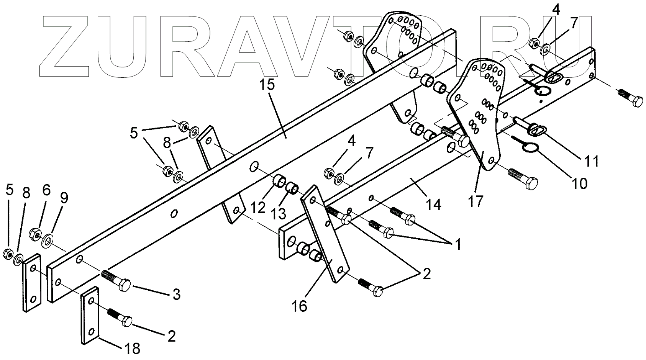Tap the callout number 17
point(476,201)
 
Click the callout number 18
point(131,349)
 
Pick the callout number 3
point(175,295)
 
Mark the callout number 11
point(592,161)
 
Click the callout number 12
point(258,207)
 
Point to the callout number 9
point(64,198)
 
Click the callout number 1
point(457,244)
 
